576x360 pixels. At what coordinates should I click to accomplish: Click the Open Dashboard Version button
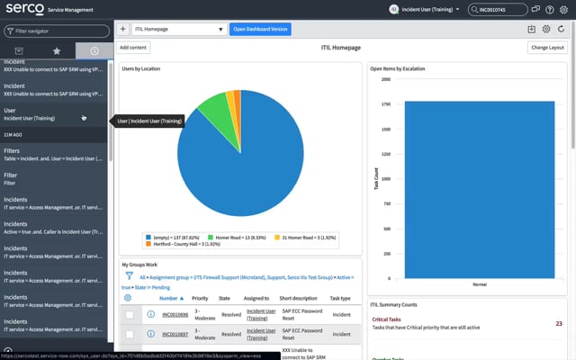point(259,29)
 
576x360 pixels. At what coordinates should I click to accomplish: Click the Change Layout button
point(547,47)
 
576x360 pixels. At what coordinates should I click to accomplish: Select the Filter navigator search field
point(58,30)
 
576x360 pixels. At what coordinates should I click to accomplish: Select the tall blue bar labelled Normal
point(473,189)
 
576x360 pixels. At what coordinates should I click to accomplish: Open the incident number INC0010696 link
point(176,314)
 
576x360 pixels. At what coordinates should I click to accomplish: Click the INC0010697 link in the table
point(176,333)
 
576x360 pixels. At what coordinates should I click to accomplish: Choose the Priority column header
point(200,297)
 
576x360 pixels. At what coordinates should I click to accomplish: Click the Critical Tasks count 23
point(559,323)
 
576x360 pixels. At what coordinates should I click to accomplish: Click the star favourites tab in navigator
point(58,51)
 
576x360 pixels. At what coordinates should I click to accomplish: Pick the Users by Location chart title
point(142,68)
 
